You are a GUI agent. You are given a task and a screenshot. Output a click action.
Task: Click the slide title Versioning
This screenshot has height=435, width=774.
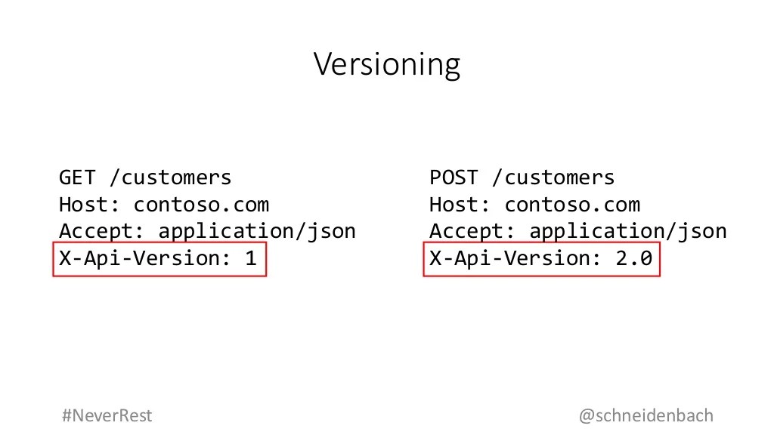[386, 65]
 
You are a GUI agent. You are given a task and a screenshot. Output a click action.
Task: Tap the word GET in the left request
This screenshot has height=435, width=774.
[77, 177]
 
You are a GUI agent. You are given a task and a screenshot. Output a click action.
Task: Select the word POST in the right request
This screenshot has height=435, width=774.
[454, 177]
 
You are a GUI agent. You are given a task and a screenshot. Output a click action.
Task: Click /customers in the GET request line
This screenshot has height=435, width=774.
[170, 177]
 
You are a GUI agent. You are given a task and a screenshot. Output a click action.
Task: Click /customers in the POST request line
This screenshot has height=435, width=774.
[553, 177]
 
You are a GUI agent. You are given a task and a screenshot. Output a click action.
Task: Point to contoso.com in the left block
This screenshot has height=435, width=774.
[201, 205]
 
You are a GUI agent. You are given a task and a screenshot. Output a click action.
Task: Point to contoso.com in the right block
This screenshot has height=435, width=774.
[572, 205]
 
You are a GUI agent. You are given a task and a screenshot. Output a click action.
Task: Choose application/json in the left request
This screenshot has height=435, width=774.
[257, 231]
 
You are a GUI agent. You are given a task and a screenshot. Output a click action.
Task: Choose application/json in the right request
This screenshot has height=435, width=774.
[628, 231]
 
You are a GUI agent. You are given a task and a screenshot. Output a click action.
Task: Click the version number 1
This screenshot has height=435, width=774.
[250, 258]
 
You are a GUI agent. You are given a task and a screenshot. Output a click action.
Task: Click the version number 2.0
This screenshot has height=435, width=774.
[633, 258]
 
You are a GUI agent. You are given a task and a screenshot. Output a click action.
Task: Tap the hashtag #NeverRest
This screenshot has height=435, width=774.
[107, 415]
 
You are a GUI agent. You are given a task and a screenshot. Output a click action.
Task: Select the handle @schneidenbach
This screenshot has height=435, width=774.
[646, 415]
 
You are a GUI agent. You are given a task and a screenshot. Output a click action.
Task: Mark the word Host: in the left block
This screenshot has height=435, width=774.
[89, 205]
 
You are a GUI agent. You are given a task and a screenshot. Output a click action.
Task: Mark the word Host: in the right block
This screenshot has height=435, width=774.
[460, 205]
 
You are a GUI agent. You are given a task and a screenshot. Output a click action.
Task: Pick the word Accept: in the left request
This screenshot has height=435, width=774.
[101, 231]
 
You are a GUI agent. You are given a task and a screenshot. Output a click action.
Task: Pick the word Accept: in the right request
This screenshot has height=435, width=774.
[472, 231]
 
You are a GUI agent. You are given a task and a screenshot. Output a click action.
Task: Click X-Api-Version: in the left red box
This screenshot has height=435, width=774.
[145, 258]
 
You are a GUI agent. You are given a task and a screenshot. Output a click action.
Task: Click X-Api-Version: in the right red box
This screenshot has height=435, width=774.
[515, 258]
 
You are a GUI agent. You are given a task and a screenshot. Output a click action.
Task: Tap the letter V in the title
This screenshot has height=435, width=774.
[322, 65]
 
